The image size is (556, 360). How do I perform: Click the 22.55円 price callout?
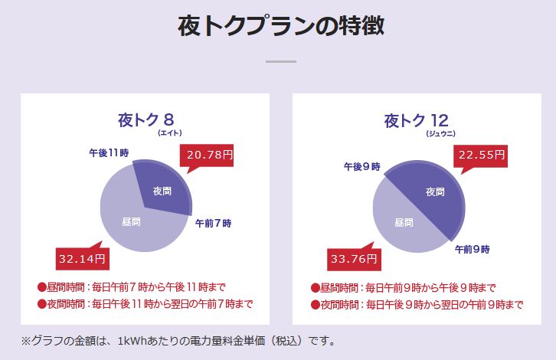point(482,155)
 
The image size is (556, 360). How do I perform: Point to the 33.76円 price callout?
point(354,258)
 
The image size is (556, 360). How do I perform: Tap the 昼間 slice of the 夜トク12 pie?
point(404,222)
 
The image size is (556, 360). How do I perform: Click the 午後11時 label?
point(108,153)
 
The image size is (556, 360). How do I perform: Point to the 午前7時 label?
point(213,224)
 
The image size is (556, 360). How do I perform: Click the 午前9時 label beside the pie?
point(472,249)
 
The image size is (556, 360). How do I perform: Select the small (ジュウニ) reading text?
point(441,133)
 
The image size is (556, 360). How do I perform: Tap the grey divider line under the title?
point(280,61)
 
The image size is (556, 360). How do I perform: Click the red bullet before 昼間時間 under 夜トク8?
point(42,287)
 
